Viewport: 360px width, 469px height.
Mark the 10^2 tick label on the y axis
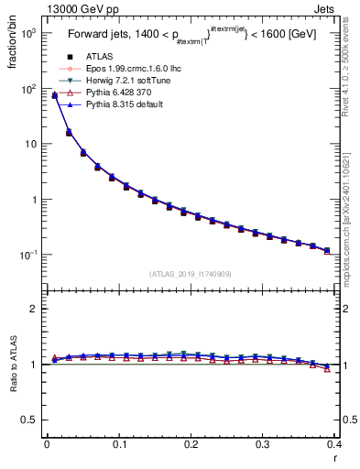[x=27, y=89]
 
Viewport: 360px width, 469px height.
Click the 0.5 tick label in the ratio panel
[x=29, y=420]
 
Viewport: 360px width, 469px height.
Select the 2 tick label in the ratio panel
[x=34, y=309]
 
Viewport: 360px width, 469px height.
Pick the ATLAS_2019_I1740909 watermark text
[x=190, y=274]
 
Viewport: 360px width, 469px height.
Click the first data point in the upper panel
[x=54, y=94]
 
